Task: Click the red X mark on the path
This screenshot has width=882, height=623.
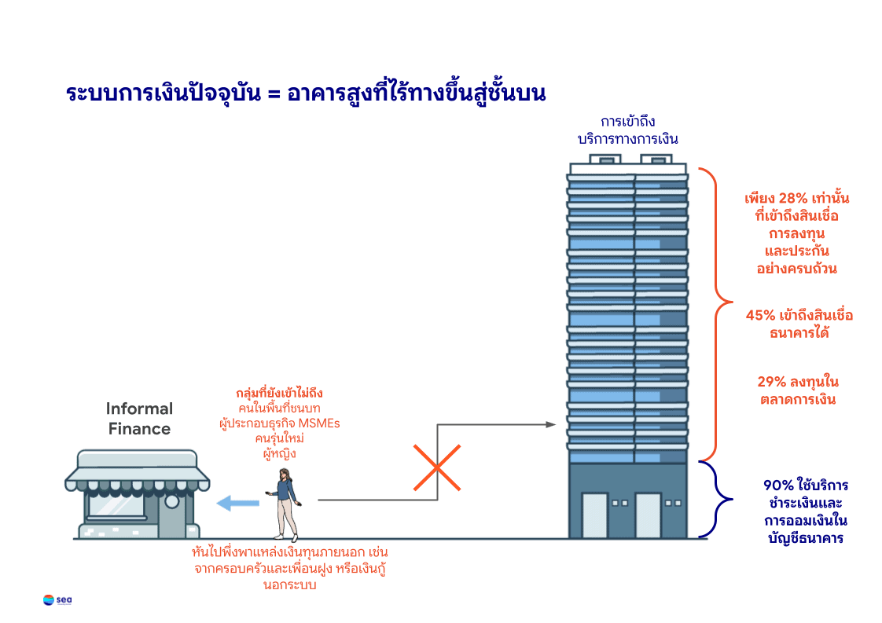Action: (436, 467)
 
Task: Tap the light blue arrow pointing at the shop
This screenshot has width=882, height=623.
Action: (237, 504)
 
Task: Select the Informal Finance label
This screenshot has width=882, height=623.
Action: (139, 419)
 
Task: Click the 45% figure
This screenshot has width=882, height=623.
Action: (761, 316)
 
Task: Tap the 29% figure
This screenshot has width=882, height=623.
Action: (773, 383)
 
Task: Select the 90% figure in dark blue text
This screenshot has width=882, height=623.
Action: (779, 485)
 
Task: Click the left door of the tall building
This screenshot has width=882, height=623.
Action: (594, 515)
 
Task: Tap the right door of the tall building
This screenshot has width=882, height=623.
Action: (648, 515)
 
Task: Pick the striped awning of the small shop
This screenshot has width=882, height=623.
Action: (137, 467)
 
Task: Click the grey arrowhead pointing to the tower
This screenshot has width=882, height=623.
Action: (550, 425)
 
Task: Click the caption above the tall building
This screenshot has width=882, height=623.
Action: (627, 130)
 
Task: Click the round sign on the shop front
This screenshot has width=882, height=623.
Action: (171, 501)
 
